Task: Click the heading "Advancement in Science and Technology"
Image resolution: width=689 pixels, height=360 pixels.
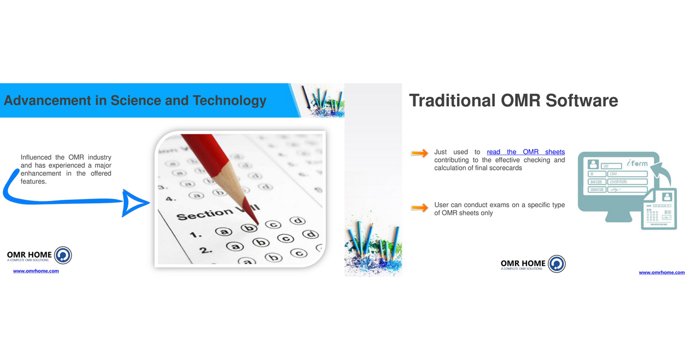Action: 135,100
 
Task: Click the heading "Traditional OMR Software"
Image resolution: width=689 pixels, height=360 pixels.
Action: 513,100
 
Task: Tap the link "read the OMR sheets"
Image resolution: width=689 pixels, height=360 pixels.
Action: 525,152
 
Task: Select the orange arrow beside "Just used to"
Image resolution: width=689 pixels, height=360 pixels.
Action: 420,153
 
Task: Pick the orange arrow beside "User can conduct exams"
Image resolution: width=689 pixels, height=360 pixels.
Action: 420,207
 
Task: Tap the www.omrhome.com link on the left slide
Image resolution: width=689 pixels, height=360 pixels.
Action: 36,271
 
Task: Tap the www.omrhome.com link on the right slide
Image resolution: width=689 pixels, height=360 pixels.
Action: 661,272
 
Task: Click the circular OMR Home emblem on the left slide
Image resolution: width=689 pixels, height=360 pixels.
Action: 63,256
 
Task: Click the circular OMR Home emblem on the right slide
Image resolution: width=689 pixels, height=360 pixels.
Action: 556,264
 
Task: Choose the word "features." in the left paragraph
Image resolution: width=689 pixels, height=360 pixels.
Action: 33,181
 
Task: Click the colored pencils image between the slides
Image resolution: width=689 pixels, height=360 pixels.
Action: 373,241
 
